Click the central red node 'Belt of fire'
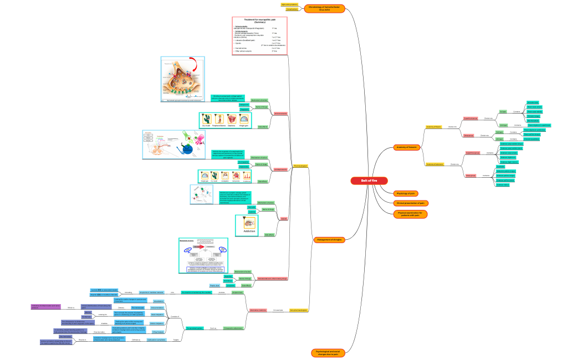point(368,181)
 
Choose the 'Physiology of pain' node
point(406,193)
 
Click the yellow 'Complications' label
point(293,9)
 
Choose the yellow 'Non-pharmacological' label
point(299,310)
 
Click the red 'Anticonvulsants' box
point(280,114)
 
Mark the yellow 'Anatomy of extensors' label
point(435,164)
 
